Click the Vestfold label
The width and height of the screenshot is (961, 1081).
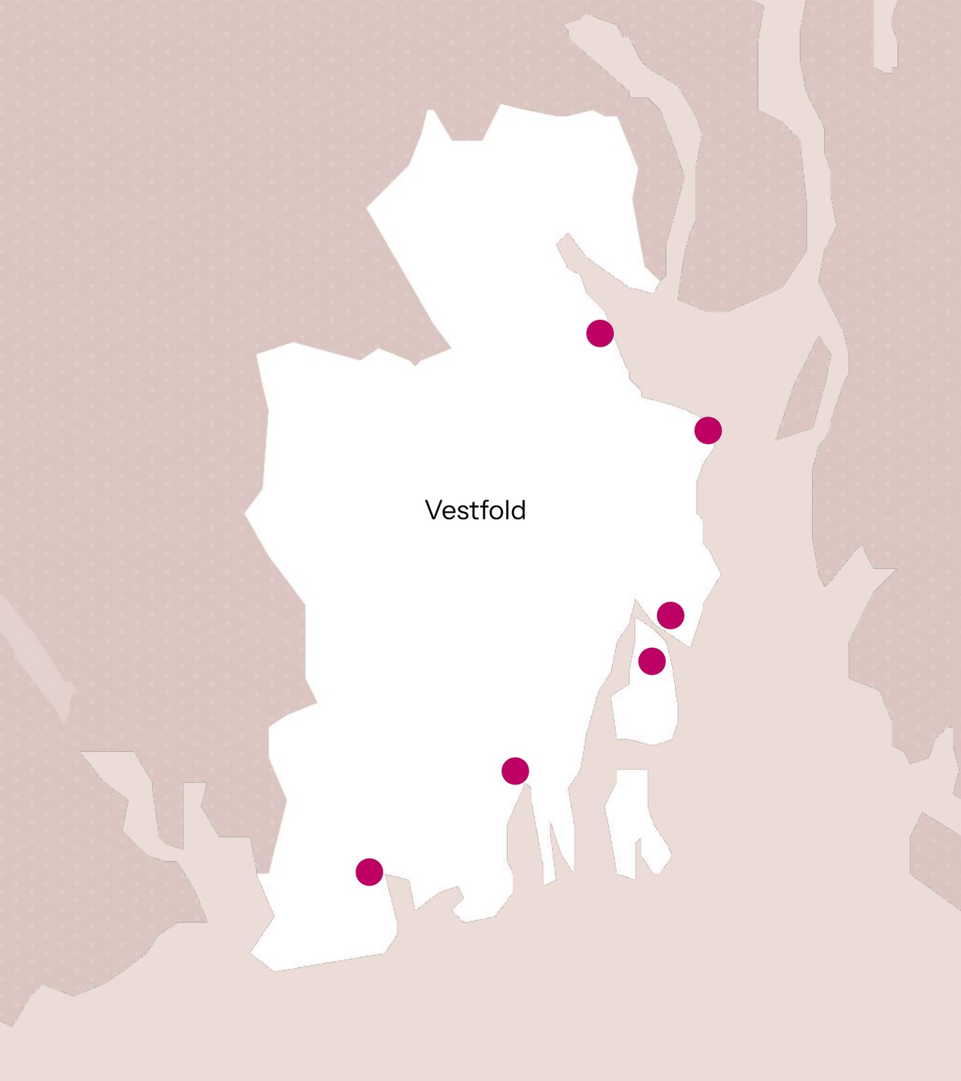[475, 510]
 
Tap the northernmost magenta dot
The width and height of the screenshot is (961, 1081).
[600, 333]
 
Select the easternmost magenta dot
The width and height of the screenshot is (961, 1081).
[708, 430]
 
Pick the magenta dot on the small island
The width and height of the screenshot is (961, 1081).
[651, 661]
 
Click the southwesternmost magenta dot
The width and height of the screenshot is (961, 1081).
[369, 872]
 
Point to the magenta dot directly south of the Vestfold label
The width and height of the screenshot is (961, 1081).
[515, 771]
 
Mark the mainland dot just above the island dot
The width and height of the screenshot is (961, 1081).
[670, 615]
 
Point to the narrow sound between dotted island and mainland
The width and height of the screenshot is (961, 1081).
[621, 659]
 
